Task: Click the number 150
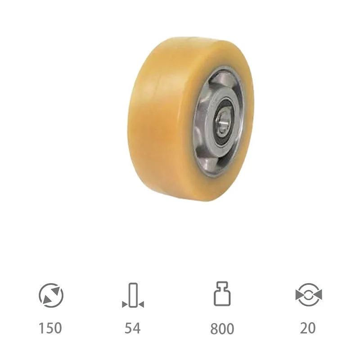click(50, 328)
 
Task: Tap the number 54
click(132, 328)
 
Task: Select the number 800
click(222, 328)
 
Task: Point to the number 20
click(308, 328)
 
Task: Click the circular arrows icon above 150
click(51, 295)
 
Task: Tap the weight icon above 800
click(222, 293)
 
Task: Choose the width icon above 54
click(133, 295)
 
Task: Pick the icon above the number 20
click(309, 295)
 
